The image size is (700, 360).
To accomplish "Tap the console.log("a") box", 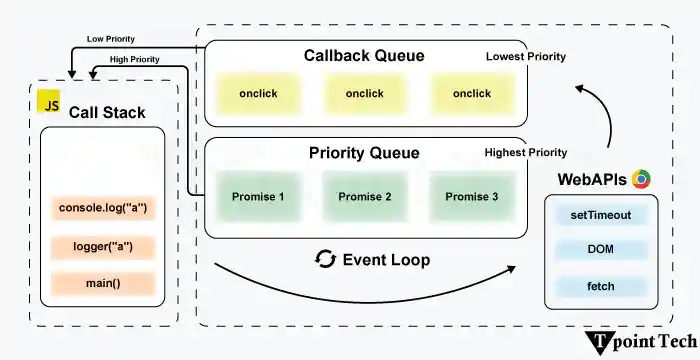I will pyautogui.click(x=103, y=208).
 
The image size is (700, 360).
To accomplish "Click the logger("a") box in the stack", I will pyautogui.click(x=103, y=246).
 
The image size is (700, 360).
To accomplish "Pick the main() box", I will pyautogui.click(x=103, y=283).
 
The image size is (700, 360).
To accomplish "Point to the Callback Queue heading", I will pyautogui.click(x=364, y=56).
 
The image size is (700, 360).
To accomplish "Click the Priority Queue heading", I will pyautogui.click(x=364, y=153).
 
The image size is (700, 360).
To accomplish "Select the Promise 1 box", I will pyautogui.click(x=258, y=196).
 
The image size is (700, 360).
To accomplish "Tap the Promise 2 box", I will pyautogui.click(x=365, y=196).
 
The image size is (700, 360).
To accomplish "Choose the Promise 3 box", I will pyautogui.click(x=471, y=196).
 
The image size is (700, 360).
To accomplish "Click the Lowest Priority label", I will pyautogui.click(x=526, y=57).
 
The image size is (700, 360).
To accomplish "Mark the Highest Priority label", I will pyautogui.click(x=526, y=153).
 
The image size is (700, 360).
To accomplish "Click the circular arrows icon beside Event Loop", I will pyautogui.click(x=325, y=260).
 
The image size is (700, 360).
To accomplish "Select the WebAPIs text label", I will pyautogui.click(x=592, y=180).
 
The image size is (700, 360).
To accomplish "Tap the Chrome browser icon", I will pyautogui.click(x=641, y=180).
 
